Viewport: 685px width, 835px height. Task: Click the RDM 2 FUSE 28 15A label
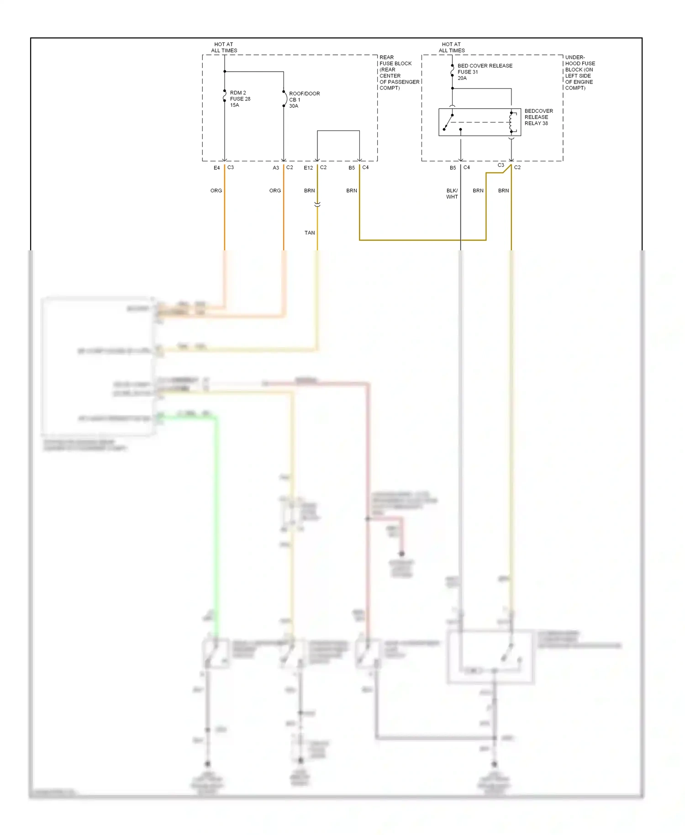coord(239,99)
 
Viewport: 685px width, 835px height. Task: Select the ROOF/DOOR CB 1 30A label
coord(304,100)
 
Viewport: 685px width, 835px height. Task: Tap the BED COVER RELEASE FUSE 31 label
coord(484,72)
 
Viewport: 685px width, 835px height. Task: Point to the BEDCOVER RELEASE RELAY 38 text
coord(538,117)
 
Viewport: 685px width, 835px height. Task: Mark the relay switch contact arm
coord(448,122)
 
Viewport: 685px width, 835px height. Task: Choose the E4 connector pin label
coord(217,168)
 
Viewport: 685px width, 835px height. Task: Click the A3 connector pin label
coord(276,168)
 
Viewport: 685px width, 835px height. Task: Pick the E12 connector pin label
coord(308,168)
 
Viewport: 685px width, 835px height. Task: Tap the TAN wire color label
coord(310,233)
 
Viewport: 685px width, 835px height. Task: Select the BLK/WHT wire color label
coord(452,194)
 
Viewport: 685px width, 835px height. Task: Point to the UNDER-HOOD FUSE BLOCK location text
coord(580,73)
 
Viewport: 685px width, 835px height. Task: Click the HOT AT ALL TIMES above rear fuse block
coord(224,48)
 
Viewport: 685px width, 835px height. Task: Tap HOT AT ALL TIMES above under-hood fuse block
coord(452,48)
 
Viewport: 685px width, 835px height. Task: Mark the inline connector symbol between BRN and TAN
coord(317,204)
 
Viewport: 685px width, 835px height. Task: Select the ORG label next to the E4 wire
coord(216,190)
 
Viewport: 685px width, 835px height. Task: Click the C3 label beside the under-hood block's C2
coord(501,165)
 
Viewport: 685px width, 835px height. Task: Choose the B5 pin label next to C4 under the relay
coord(453,168)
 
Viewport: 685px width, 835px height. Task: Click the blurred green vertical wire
coord(216,525)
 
